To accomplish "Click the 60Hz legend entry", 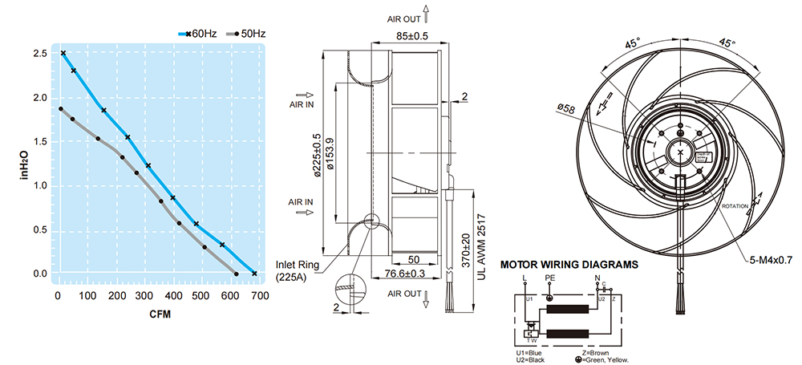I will (x=200, y=34).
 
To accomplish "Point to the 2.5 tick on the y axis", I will (x=39, y=54).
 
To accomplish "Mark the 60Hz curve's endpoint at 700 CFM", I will (x=254, y=274).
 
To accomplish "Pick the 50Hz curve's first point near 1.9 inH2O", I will (x=60, y=109).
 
